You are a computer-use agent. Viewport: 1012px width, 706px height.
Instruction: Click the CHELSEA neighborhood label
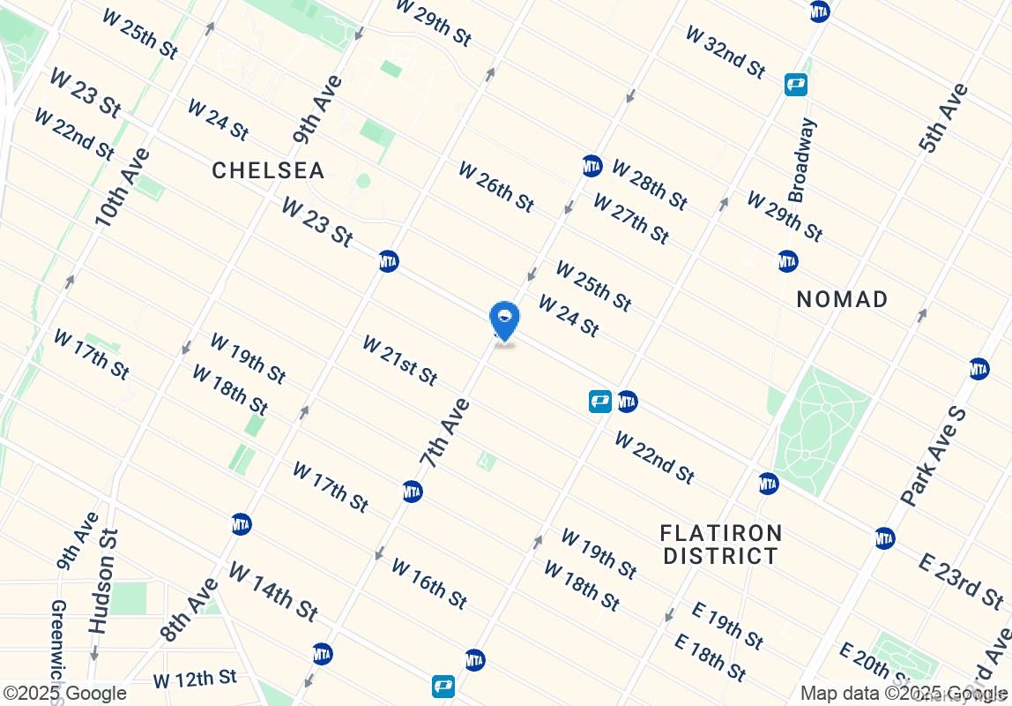pyautogui.click(x=268, y=170)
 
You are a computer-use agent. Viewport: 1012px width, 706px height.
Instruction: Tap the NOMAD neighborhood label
pyautogui.click(x=842, y=299)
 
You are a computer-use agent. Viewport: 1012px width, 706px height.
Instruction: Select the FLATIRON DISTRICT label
pyautogui.click(x=721, y=545)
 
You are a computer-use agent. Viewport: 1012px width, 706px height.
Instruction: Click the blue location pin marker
pyautogui.click(x=504, y=320)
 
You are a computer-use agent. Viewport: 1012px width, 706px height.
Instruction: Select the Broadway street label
pyautogui.click(x=802, y=160)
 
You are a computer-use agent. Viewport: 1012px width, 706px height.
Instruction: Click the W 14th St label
pyautogui.click(x=273, y=590)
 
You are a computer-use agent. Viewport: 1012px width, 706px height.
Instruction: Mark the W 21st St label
pyautogui.click(x=399, y=360)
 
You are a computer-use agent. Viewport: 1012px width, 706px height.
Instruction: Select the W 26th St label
pyautogui.click(x=495, y=186)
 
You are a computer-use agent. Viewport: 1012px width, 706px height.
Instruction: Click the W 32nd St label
pyautogui.click(x=726, y=51)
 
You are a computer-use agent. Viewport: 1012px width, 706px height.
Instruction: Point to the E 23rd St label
pyautogui.click(x=960, y=581)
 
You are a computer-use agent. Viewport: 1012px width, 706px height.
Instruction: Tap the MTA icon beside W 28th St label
pyautogui.click(x=592, y=166)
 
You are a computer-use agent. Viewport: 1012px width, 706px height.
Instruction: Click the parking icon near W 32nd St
pyautogui.click(x=797, y=85)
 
